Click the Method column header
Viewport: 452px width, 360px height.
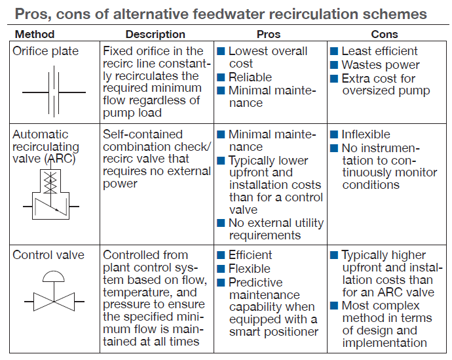(35, 34)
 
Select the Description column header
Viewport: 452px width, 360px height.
(155, 34)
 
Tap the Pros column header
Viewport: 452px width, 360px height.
(269, 34)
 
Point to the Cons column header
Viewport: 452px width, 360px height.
(385, 34)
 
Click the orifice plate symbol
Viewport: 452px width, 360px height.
(54, 92)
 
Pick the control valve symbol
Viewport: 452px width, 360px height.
(54, 291)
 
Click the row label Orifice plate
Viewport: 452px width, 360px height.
(46, 51)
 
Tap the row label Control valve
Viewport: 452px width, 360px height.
(48, 255)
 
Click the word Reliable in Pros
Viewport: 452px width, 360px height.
(250, 77)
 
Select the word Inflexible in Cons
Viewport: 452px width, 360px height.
(366, 134)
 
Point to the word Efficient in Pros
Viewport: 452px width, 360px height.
(250, 255)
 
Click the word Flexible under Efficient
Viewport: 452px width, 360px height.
(250, 269)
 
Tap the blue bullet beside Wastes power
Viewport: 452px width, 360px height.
(334, 65)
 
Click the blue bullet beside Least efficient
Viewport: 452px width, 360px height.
(334, 51)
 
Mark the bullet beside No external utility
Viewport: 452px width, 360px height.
(221, 223)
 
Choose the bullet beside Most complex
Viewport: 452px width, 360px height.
(334, 306)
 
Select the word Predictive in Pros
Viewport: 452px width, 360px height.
(255, 283)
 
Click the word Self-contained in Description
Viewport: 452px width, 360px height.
(143, 134)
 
